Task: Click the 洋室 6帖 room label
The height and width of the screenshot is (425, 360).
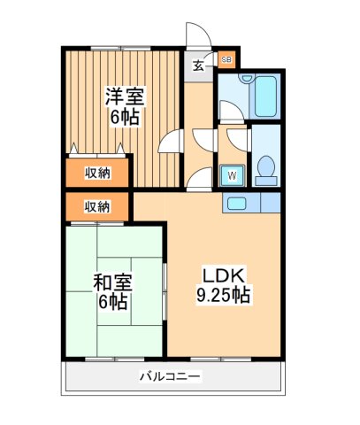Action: pyautogui.click(x=125, y=104)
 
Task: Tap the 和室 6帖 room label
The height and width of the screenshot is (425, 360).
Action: pyautogui.click(x=112, y=292)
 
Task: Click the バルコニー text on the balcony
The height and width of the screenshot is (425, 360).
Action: pyautogui.click(x=170, y=377)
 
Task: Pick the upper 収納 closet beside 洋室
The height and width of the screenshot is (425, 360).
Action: pyautogui.click(x=96, y=172)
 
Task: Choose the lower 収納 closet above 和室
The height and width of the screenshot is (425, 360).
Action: pyautogui.click(x=96, y=207)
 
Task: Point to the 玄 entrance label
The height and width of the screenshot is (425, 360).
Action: pyautogui.click(x=200, y=63)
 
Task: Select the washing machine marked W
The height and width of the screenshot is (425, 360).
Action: pyautogui.click(x=233, y=174)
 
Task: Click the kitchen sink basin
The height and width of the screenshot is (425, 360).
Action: pyautogui.click(x=235, y=203)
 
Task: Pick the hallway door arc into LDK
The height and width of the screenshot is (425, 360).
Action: pyautogui.click(x=200, y=177)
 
